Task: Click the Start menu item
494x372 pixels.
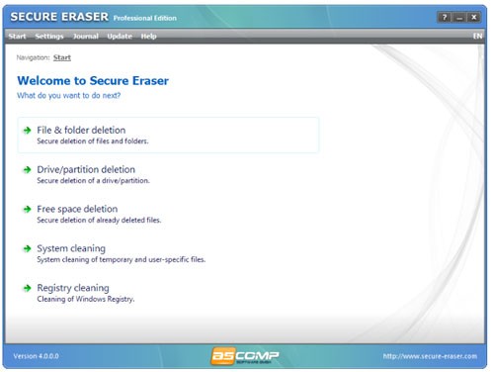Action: pos(17,37)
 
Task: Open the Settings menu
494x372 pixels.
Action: pos(49,37)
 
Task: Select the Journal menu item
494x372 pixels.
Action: pos(86,37)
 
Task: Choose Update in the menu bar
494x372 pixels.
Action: pos(120,37)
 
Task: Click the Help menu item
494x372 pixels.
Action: pos(149,37)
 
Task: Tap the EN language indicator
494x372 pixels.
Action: pos(478,37)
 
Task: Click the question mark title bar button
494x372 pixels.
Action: pos(445,18)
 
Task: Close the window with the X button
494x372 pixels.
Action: pos(474,18)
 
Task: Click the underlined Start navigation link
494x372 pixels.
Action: pos(62,57)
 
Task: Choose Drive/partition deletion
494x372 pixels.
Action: pos(86,169)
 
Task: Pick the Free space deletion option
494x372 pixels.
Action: pos(77,209)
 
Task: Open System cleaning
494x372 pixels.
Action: pos(71,248)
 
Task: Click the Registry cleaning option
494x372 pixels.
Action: pos(73,288)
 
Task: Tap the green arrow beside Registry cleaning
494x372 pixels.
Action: pos(28,288)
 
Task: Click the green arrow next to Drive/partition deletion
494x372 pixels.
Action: pos(28,169)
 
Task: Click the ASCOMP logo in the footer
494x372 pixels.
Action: pos(246,355)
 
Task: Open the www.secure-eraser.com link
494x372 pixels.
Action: pos(431,355)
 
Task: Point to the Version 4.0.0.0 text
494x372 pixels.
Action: pos(39,355)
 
